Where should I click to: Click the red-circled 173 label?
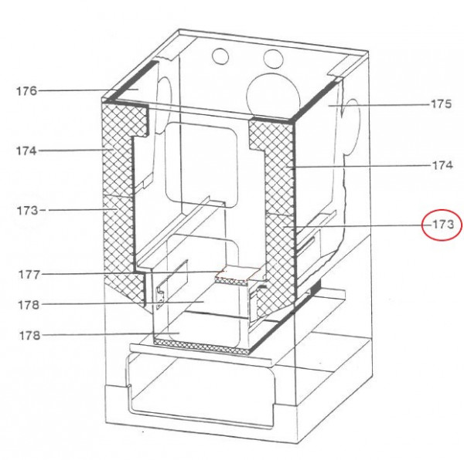tap(442, 225)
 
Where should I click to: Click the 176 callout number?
tap(26, 90)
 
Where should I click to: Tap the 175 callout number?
tap(441, 104)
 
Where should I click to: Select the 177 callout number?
tap(29, 275)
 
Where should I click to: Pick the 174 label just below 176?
tap(26, 151)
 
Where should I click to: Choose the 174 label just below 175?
tap(442, 164)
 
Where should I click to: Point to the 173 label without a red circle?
tap(28, 211)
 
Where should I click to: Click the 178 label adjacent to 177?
tap(29, 305)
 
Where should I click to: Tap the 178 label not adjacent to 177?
tap(29, 336)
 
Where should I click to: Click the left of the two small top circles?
tap(220, 56)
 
